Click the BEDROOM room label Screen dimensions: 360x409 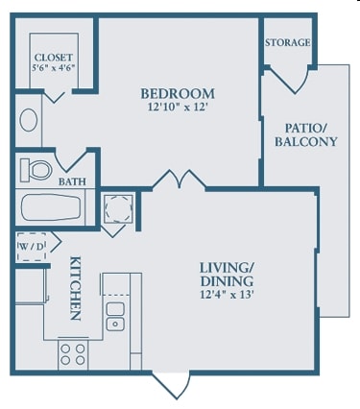(x=178, y=94)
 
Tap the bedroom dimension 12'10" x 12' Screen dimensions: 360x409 (x=179, y=107)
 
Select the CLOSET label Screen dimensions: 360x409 (x=54, y=58)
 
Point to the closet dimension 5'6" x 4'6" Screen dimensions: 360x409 (x=54, y=67)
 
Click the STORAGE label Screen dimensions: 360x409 (x=287, y=42)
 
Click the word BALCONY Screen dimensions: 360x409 (x=306, y=141)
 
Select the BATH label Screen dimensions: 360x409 (x=72, y=181)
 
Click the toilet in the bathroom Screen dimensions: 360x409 (x=36, y=169)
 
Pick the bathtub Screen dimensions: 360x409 (x=51, y=207)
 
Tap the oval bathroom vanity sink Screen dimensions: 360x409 (x=29, y=120)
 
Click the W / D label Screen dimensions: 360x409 (x=31, y=247)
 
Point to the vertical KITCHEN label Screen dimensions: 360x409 (x=75, y=288)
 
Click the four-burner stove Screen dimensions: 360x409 (x=73, y=354)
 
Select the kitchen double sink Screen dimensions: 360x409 (x=115, y=317)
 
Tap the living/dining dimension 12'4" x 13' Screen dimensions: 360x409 (x=227, y=294)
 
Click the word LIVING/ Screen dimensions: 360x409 (x=227, y=268)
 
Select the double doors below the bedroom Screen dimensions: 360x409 (x=180, y=180)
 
